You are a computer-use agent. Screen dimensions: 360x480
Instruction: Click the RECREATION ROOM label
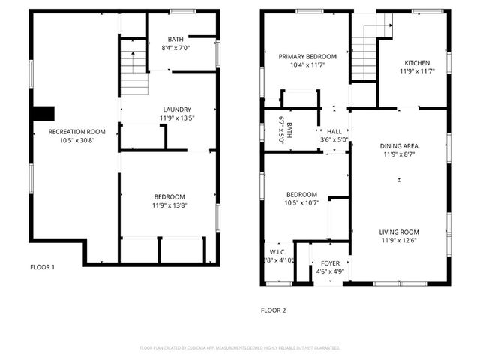point(76,132)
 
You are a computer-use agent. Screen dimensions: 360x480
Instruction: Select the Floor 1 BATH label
point(175,40)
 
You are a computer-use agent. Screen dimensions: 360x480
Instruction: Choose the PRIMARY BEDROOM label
point(307,56)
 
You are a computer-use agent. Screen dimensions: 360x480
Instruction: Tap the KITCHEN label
point(417,63)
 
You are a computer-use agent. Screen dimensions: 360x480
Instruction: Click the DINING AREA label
point(400,145)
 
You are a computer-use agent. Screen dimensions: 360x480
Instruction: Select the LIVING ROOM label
point(399,232)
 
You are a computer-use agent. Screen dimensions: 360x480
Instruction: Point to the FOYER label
point(330,263)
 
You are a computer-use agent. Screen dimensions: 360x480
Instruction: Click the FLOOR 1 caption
point(42,267)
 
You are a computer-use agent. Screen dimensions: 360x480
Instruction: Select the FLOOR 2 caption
point(273,310)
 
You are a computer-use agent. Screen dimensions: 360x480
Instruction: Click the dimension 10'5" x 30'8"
point(76,140)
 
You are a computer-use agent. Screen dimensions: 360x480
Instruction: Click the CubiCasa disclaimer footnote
point(240,348)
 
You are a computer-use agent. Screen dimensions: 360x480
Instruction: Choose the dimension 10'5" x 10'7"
point(302,202)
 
